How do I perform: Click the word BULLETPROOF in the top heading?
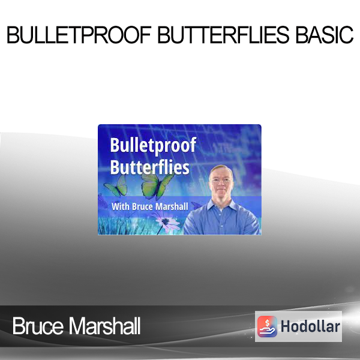(79, 35)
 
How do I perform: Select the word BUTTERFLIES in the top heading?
(223, 35)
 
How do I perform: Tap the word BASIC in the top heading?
(325, 35)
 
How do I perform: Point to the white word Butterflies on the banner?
(149, 167)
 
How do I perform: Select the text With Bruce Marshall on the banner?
(150, 206)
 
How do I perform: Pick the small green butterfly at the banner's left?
(115, 187)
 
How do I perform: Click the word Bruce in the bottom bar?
(38, 326)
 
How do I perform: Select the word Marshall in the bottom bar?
(105, 326)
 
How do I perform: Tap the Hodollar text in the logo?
(310, 326)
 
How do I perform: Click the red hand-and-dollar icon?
(267, 326)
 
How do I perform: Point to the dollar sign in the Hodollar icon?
(267, 323)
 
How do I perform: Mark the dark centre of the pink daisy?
(166, 221)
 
